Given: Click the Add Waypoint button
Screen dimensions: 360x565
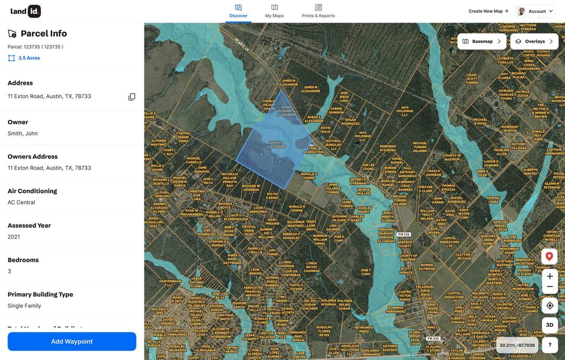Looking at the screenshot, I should (72, 341).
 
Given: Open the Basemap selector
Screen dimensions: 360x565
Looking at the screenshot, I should (482, 41).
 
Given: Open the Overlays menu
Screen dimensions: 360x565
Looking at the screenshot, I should (534, 41).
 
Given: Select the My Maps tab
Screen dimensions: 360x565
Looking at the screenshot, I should (274, 11).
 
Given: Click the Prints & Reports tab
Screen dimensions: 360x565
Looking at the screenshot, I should (318, 11).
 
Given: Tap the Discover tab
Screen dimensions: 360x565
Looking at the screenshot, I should (239, 11).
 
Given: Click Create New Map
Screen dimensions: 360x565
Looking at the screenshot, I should (489, 11).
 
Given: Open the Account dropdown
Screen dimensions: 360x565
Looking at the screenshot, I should (535, 11).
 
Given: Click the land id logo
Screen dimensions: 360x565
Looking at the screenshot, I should (26, 11).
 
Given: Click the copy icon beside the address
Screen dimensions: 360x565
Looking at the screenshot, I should (132, 97).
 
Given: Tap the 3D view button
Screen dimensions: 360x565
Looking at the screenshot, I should (549, 325).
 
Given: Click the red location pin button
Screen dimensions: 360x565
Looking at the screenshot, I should (549, 256).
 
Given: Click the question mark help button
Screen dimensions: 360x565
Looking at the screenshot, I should (549, 344).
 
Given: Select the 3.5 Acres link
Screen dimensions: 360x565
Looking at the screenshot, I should (29, 58).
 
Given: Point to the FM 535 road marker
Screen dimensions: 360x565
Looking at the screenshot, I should (403, 234).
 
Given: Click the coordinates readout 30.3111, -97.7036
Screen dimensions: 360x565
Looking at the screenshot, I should (517, 345).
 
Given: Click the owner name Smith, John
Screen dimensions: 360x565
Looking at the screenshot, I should (22, 133).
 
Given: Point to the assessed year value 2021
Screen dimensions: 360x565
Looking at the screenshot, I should (14, 237).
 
